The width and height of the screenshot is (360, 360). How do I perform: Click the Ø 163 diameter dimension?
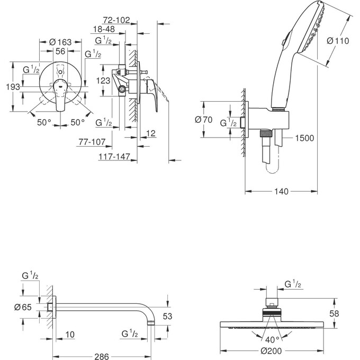(61, 42)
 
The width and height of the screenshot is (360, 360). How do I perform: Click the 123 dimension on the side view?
(104, 80)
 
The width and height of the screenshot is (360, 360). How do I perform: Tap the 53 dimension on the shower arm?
(166, 317)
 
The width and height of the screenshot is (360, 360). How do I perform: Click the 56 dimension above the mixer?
(61, 51)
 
